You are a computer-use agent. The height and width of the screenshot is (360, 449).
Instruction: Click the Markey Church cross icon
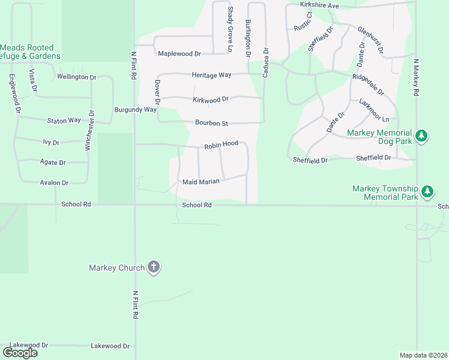[154, 267]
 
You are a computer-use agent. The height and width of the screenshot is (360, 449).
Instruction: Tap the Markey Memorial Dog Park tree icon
[422, 136]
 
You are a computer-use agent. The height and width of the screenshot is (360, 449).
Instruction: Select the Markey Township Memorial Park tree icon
[427, 192]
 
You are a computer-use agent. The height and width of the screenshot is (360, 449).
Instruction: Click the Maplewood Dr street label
[179, 54]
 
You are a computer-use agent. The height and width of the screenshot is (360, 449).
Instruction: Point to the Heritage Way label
[211, 75]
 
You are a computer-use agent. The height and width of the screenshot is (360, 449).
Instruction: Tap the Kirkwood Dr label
[211, 100]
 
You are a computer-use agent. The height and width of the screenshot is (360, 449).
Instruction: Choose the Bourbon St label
[211, 124]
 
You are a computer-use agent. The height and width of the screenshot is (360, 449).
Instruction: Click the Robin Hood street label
[221, 145]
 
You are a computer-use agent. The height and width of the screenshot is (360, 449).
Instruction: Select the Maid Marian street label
[201, 182]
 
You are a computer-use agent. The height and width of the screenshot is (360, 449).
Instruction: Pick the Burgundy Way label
[136, 110]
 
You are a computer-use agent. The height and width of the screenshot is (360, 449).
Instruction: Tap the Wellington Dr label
[76, 77]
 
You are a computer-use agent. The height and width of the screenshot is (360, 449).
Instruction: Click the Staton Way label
[64, 121]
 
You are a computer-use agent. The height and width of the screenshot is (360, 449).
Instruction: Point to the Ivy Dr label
[51, 143]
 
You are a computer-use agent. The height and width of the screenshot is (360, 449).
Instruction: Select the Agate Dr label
[53, 163]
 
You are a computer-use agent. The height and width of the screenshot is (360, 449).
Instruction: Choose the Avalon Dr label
[54, 182]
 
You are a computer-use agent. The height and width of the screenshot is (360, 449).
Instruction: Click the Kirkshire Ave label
[320, 5]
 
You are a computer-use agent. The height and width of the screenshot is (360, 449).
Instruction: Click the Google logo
[20, 353]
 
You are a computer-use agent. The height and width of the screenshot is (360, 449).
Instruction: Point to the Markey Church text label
[116, 268]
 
